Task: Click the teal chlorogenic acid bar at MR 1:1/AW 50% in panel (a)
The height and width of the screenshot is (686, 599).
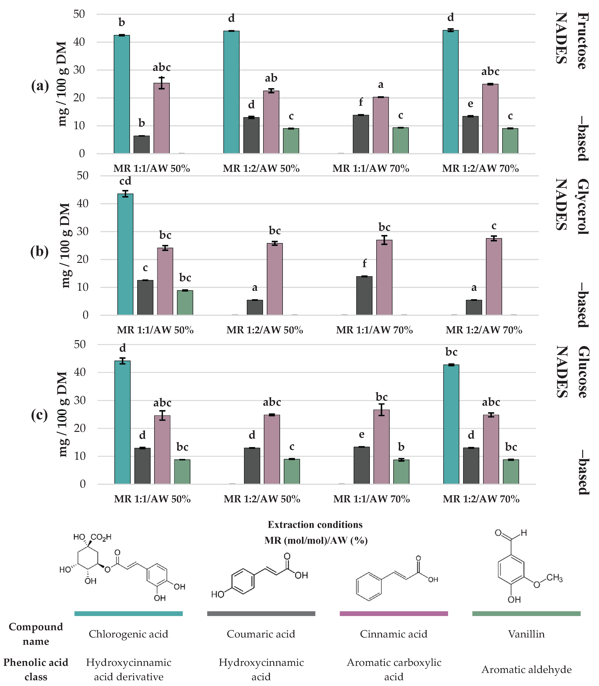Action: click(122, 94)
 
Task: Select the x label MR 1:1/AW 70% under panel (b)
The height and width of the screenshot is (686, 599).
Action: click(374, 330)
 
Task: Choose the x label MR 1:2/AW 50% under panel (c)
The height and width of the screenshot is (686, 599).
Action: click(262, 499)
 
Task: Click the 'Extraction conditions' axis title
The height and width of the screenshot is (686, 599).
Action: click(315, 525)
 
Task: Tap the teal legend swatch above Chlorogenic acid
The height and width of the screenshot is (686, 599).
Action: click(128, 614)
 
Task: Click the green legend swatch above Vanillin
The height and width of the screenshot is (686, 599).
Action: click(526, 614)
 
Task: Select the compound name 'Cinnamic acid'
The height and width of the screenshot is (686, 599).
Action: click(393, 634)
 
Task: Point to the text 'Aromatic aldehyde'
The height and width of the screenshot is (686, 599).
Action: click(526, 669)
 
